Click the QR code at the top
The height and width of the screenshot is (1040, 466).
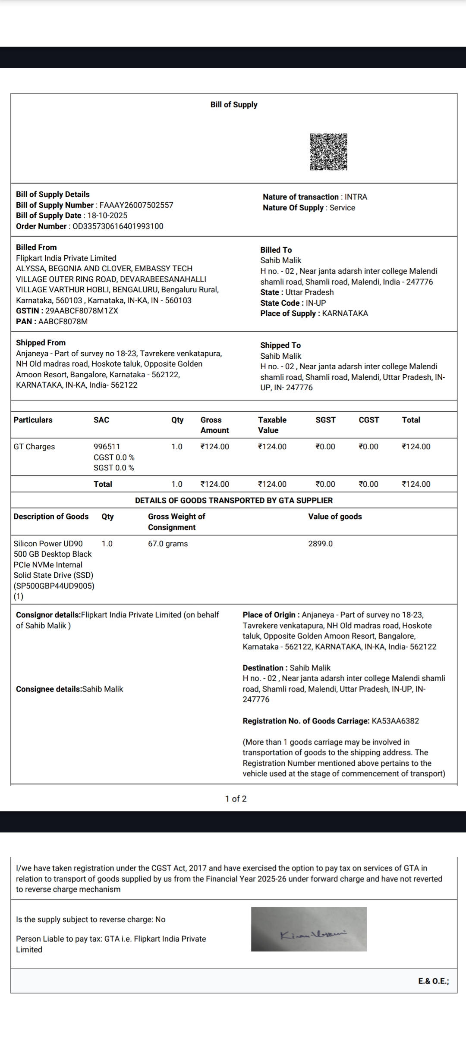(328, 152)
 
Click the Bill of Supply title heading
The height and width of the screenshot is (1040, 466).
(234, 105)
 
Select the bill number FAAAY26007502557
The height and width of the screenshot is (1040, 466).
(136, 205)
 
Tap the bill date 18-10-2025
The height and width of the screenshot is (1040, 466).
(107, 216)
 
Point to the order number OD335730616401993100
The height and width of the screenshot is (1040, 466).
(118, 226)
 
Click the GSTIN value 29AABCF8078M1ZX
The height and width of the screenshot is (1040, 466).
(82, 311)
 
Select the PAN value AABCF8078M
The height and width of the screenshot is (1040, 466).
(63, 322)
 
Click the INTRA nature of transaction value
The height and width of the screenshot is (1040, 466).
(356, 197)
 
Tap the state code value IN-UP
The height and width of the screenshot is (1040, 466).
(316, 303)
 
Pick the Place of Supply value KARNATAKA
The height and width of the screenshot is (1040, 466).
(345, 313)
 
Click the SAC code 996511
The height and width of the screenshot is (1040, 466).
(107, 447)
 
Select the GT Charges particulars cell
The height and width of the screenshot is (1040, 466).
(34, 447)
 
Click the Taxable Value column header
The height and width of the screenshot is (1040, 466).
(272, 425)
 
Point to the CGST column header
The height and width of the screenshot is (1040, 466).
(369, 420)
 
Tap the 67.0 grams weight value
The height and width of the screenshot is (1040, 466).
(168, 544)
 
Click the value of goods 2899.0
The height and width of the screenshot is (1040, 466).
(321, 544)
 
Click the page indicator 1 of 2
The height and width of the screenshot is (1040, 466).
(236, 799)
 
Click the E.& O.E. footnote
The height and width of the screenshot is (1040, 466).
(434, 981)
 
